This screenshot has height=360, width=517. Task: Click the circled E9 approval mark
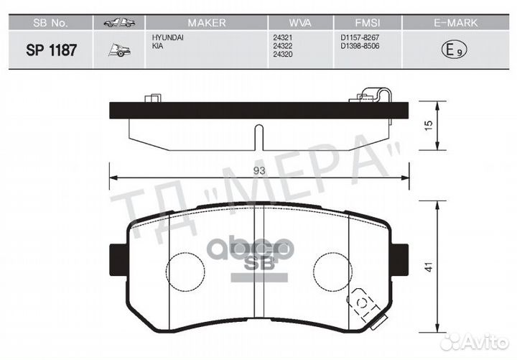coord(449,50)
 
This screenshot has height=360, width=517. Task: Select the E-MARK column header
coord(448,23)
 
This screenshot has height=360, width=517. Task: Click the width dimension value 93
coord(259,170)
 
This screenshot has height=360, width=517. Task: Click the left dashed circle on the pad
coord(185,272)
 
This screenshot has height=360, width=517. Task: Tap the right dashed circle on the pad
coord(333,272)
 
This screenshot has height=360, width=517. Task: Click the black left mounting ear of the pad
coord(116,257)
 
